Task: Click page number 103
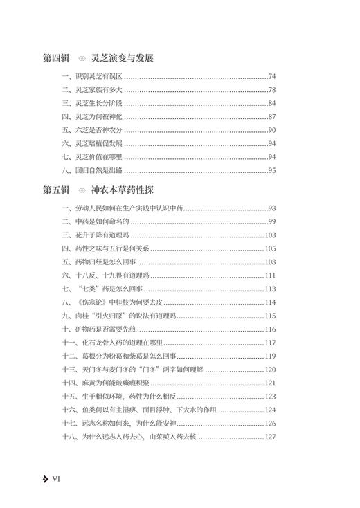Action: [270, 235]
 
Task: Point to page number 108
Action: [270, 262]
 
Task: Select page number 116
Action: [270, 329]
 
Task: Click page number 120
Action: [270, 369]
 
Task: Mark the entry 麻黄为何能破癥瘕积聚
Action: [115, 383]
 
